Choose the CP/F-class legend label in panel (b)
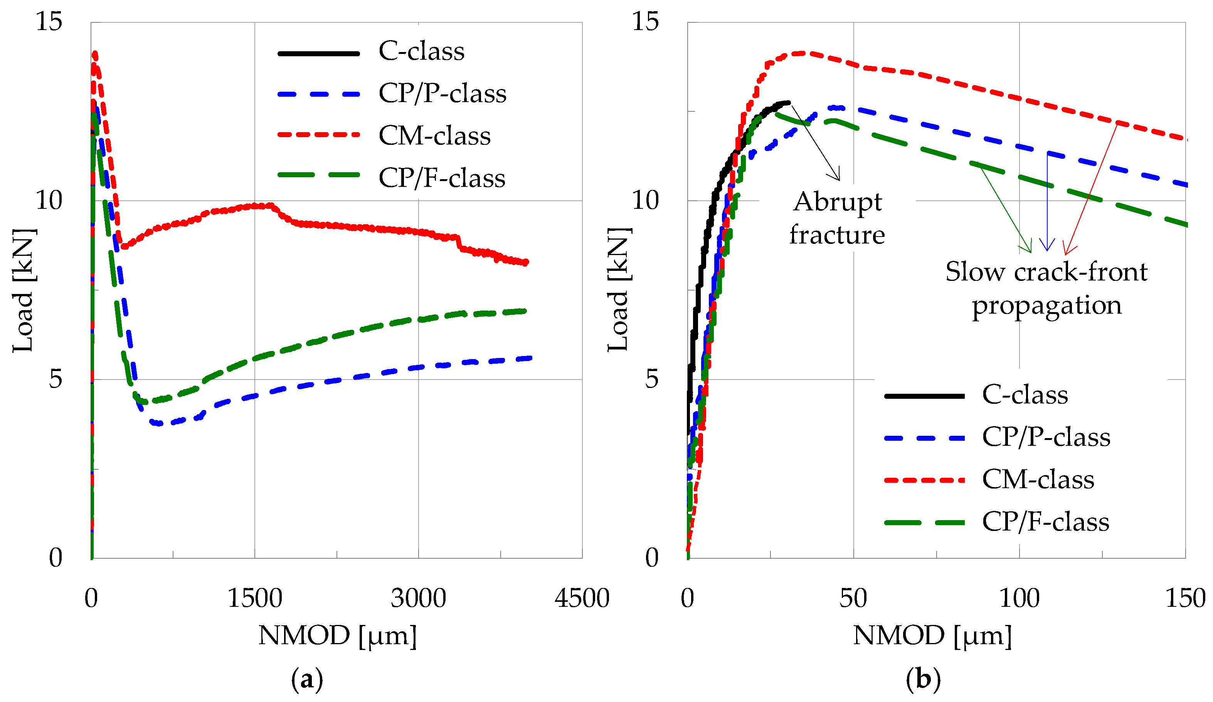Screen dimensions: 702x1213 1045,522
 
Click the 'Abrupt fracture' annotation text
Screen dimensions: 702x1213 837,218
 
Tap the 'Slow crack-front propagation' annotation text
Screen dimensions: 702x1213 1046,288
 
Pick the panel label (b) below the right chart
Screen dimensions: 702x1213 923,679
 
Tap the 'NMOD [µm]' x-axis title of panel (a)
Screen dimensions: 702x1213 337,636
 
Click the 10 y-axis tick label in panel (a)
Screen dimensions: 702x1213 49,200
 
